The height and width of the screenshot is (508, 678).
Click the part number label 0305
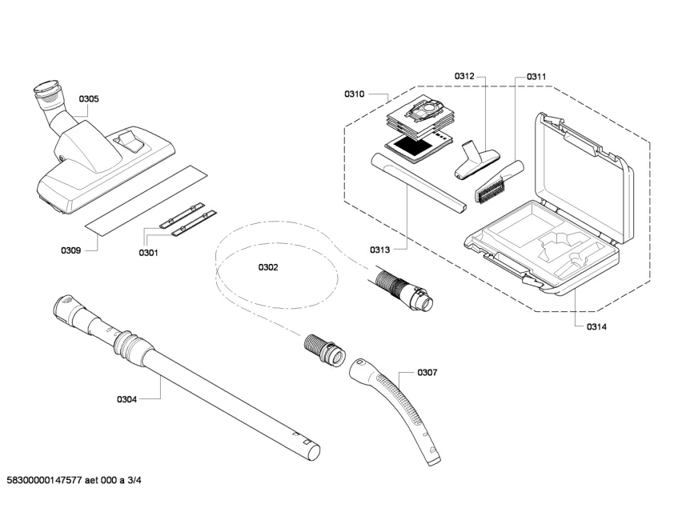click(89, 99)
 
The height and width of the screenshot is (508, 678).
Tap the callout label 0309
click(70, 250)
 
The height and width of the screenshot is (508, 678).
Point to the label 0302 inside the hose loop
click(268, 267)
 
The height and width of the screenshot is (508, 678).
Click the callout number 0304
click(127, 399)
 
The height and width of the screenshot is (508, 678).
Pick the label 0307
click(427, 372)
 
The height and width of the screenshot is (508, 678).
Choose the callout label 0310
click(355, 94)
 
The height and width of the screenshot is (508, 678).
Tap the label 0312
click(465, 76)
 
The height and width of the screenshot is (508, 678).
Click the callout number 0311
click(536, 77)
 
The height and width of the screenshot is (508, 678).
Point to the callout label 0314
click(596, 326)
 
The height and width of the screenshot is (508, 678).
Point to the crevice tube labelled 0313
click(416, 183)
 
